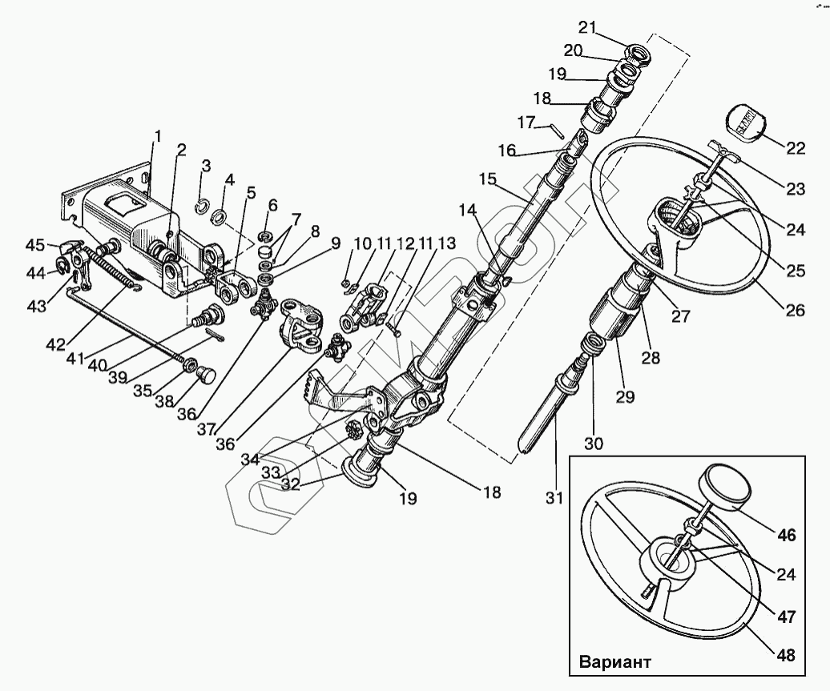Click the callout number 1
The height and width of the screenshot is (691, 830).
(x=158, y=137)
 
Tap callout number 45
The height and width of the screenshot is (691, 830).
(x=36, y=244)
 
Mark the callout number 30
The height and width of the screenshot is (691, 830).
(x=595, y=442)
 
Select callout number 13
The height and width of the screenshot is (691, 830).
(x=446, y=243)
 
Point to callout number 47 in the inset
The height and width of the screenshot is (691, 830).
(x=785, y=617)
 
